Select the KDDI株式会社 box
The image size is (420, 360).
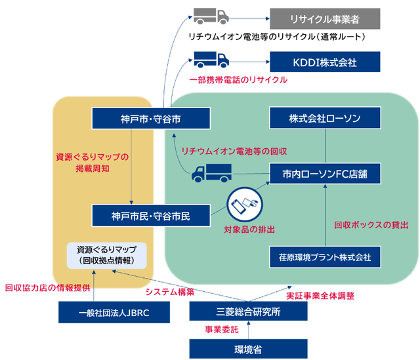point(324,62)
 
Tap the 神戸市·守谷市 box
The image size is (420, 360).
point(150,119)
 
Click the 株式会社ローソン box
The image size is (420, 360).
point(325,119)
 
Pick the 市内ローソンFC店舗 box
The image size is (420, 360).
point(325,174)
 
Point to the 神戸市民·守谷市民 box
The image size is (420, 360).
point(150,215)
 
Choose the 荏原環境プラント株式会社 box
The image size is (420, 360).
point(325,257)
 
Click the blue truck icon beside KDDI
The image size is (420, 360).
point(211,60)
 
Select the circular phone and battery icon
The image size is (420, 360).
point(243,205)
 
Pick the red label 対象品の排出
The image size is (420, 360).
point(249,230)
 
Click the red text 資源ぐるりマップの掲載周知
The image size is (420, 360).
point(92,163)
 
